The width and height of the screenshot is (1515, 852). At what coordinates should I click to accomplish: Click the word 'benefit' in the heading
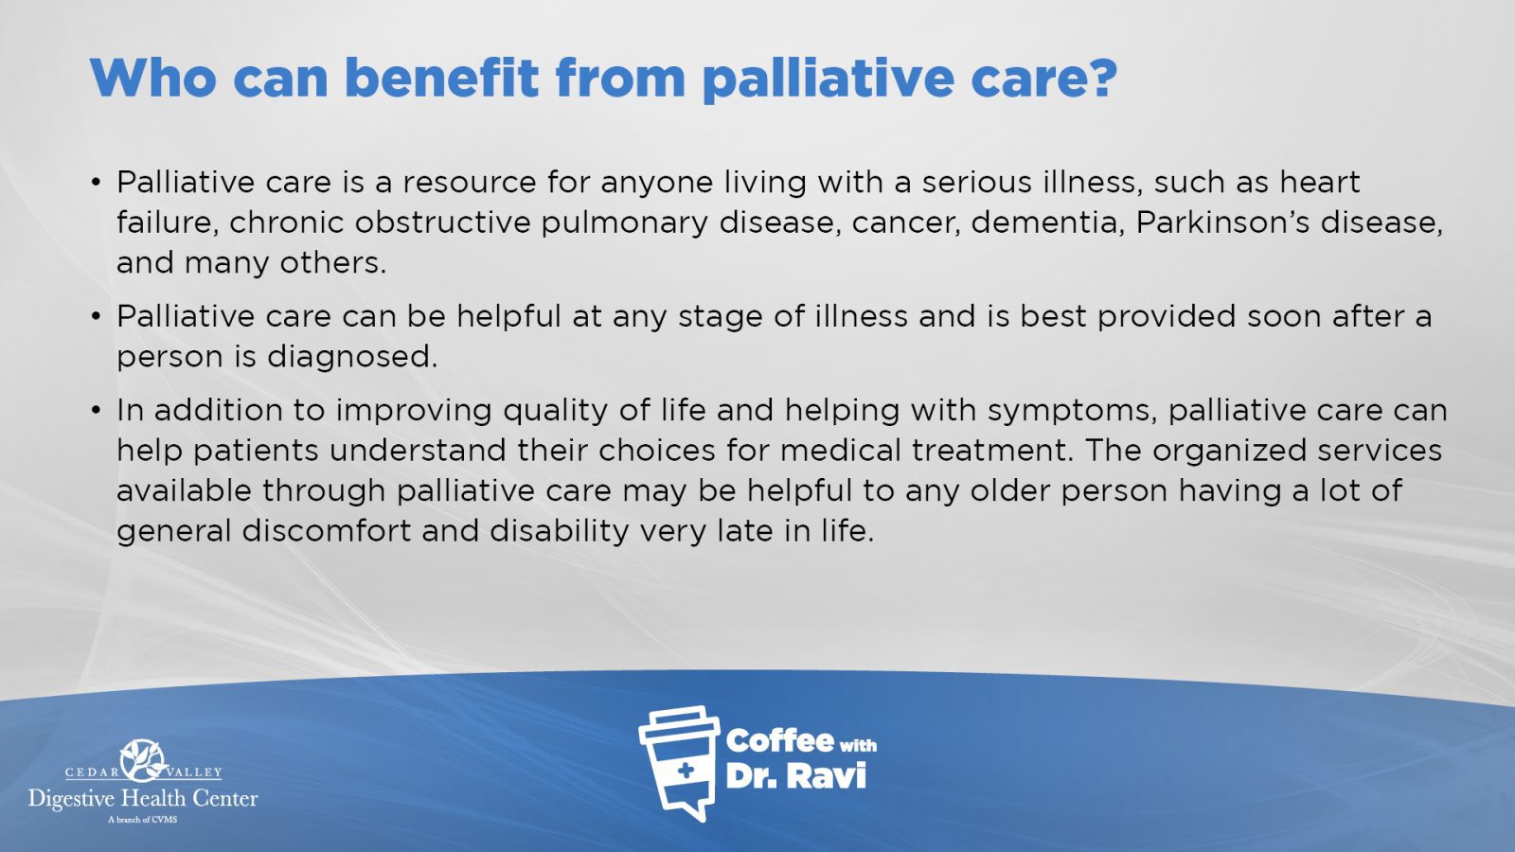pyautogui.click(x=441, y=78)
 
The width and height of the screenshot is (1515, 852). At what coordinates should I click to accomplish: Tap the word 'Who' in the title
pyautogui.click(x=152, y=78)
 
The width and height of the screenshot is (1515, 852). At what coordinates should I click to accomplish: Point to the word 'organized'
pyautogui.click(x=1229, y=451)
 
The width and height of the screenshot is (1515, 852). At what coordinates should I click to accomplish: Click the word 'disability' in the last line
pyautogui.click(x=560, y=531)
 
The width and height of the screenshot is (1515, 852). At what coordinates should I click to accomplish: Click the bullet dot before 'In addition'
pyautogui.click(x=97, y=411)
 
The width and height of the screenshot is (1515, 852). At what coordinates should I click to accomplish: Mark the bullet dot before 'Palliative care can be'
pyautogui.click(x=97, y=316)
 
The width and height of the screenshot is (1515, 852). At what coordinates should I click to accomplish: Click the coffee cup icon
pyautogui.click(x=679, y=764)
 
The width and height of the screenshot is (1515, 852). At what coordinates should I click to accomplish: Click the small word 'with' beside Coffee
pyautogui.click(x=858, y=746)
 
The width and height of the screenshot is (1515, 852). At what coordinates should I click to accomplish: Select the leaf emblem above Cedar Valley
pyautogui.click(x=143, y=760)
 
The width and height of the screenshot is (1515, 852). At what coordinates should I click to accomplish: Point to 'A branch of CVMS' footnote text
pyautogui.click(x=143, y=820)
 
